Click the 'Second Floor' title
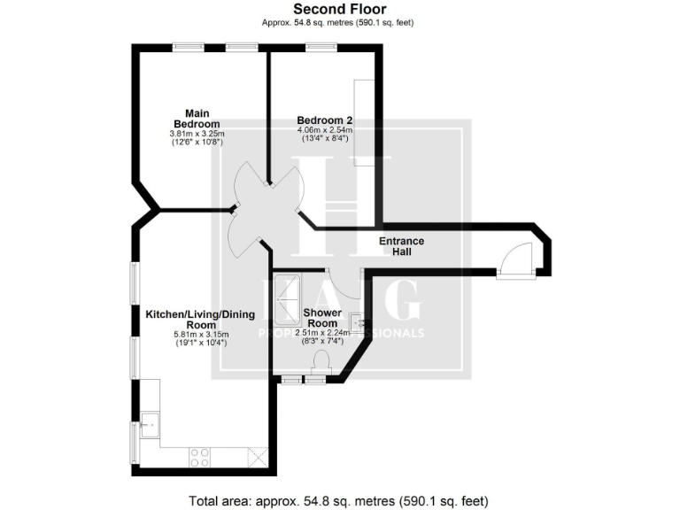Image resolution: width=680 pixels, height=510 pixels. [x=339, y=10]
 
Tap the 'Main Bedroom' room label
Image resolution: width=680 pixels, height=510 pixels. [x=197, y=118]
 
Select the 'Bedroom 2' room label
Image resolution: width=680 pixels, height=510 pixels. [x=325, y=120]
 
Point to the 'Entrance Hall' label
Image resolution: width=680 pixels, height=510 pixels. [x=401, y=246]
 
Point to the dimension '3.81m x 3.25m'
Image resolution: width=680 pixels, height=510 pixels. [x=197, y=134]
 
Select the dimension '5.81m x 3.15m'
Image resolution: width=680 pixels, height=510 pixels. [x=200, y=335]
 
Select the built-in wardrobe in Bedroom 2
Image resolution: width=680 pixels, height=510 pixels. [x=364, y=121]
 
